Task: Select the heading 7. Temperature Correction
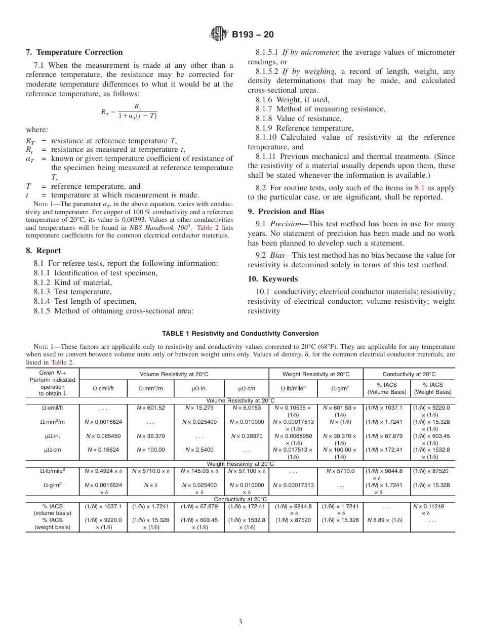pos(74,52)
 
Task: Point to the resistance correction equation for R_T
pos(129,111)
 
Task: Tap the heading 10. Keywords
pos(272,279)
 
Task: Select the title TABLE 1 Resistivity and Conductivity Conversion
pos(240,334)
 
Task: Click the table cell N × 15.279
pos(199,408)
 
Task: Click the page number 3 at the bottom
pos(240,622)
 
